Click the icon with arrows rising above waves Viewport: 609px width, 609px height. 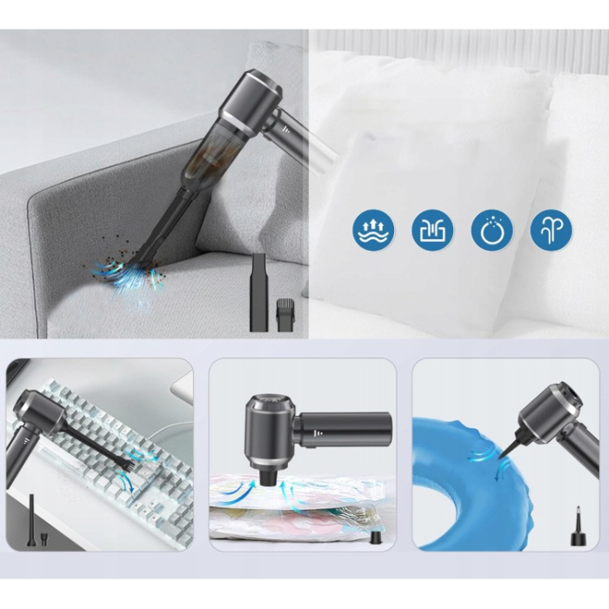[x=374, y=230]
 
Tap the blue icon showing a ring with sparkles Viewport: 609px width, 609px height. [x=492, y=230]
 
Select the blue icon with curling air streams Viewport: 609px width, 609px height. [x=552, y=230]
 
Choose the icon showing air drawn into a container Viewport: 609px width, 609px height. [x=433, y=230]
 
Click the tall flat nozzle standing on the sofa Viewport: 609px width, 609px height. [x=258, y=291]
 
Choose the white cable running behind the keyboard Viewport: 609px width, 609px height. [x=174, y=428]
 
